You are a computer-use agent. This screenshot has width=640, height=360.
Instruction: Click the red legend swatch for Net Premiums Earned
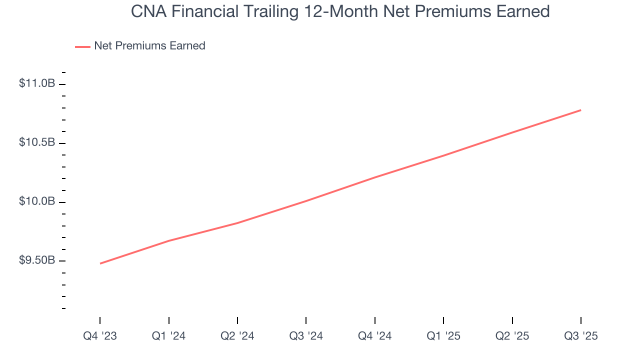pos(82,46)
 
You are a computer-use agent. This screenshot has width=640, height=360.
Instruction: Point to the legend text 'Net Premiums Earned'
pos(149,46)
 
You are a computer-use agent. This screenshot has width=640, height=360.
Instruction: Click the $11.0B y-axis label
pos(37,83)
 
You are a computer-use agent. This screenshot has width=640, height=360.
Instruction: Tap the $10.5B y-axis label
pos(37,142)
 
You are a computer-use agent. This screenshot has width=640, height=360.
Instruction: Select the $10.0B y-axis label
pos(37,201)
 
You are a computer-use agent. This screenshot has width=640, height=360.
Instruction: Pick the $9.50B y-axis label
pos(37,260)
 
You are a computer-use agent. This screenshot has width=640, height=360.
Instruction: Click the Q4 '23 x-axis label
pos(100,336)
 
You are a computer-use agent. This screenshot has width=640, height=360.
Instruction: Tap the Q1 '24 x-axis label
pos(168,336)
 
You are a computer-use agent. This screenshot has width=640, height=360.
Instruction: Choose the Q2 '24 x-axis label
pos(237,336)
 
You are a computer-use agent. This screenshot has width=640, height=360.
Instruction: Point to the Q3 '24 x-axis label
pos(306,336)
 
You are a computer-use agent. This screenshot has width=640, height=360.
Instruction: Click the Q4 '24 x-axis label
pos(374,336)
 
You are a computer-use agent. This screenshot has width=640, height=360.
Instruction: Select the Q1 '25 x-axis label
pos(443,336)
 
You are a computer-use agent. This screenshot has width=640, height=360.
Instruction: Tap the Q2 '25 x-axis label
pos(512,336)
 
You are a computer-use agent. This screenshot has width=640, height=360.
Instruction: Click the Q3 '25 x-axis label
pos(580,336)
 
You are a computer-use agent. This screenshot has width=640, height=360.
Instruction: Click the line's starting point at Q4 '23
pos(100,263)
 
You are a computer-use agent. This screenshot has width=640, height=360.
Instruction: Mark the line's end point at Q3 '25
pos(580,110)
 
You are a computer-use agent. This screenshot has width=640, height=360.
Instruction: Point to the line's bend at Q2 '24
pos(237,223)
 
